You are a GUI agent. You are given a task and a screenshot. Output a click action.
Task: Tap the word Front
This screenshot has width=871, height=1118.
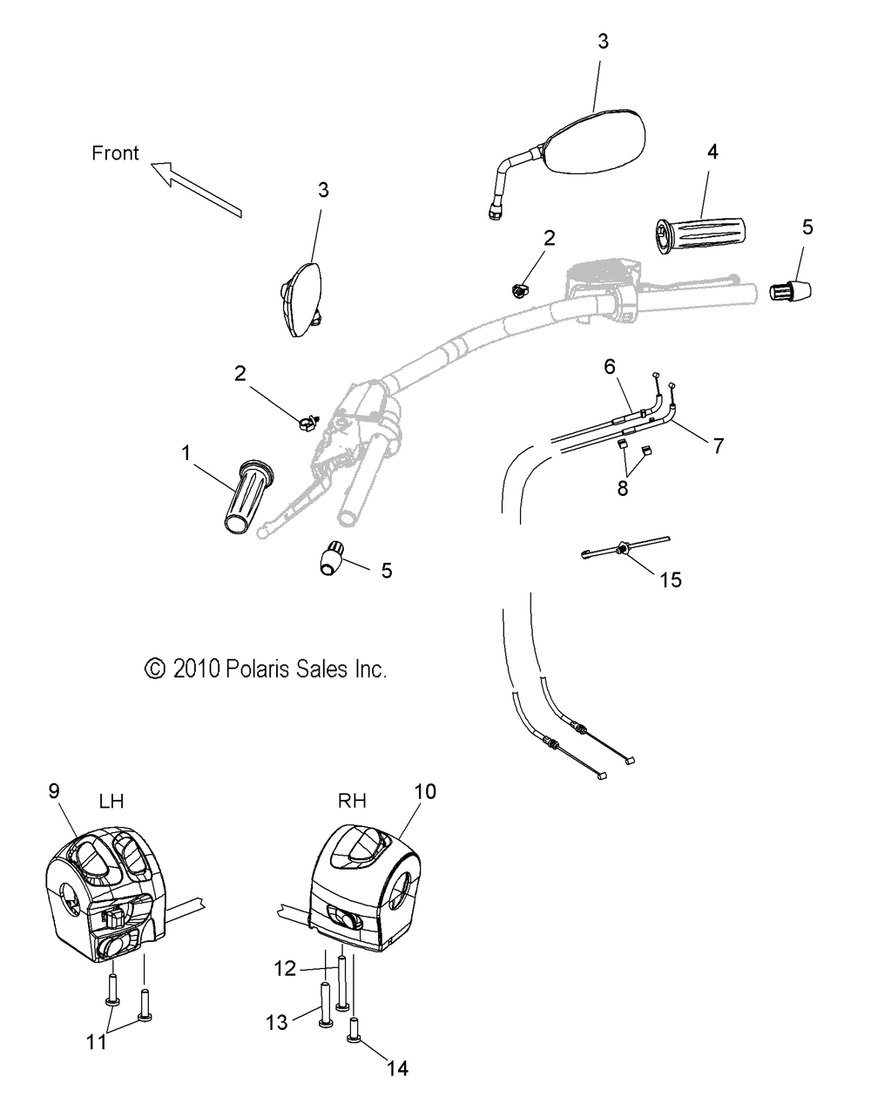pyautogui.click(x=115, y=153)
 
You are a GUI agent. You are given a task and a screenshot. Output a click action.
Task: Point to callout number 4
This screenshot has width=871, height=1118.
pyautogui.click(x=712, y=152)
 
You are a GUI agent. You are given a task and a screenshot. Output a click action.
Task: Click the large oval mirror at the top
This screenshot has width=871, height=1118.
pyautogui.click(x=591, y=142)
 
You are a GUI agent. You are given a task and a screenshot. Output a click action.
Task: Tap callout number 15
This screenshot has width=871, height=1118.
pyautogui.click(x=671, y=579)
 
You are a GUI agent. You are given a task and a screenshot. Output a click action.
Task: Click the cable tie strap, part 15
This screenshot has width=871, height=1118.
pyautogui.click(x=623, y=551)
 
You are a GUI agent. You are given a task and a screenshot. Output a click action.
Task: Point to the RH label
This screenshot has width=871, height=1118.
pyautogui.click(x=351, y=801)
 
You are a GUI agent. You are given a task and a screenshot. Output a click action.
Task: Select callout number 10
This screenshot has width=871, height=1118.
pyautogui.click(x=426, y=791)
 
